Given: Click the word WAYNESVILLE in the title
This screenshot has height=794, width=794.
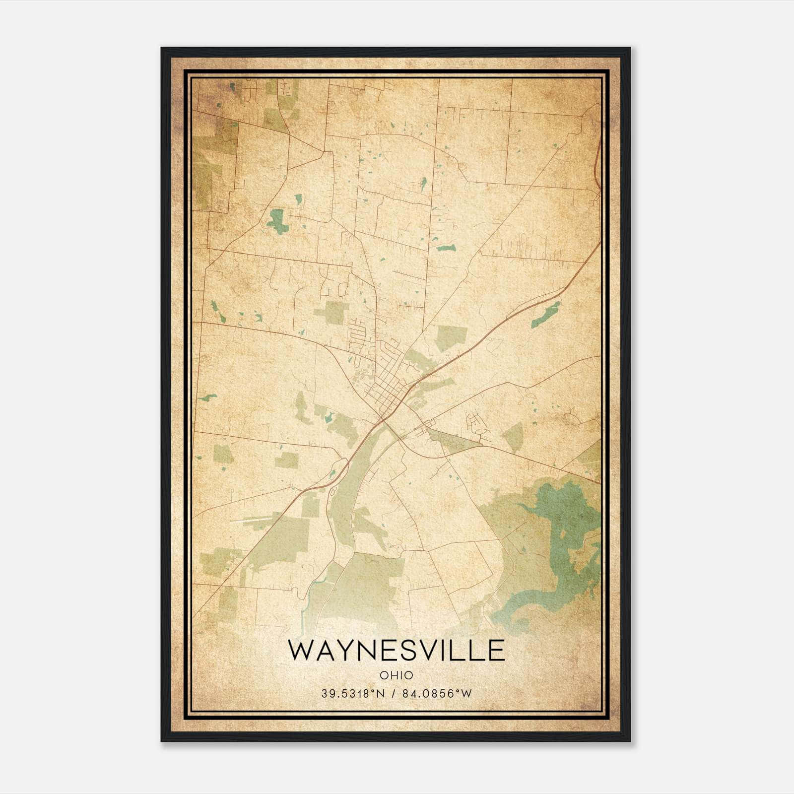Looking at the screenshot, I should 396,651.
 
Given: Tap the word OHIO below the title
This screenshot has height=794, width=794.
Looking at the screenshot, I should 396,675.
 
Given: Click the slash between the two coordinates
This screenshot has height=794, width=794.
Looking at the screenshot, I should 393,694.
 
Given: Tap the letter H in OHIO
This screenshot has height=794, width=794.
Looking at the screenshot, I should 393,675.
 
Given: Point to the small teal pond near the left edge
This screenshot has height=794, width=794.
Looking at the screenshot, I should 207,397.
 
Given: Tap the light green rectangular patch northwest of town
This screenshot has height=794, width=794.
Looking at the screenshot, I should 331,313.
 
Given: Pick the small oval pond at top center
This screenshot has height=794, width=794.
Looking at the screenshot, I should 423,185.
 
